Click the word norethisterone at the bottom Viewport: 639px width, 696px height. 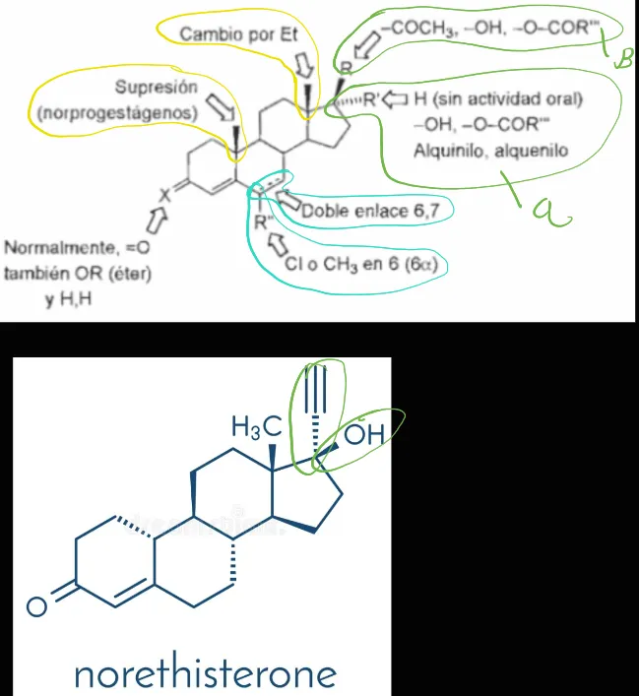click(206, 674)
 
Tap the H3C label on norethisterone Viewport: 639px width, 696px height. click(257, 426)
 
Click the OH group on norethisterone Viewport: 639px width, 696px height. click(363, 434)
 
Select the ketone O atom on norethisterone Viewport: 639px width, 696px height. click(36, 606)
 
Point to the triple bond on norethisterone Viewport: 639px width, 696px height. click(315, 389)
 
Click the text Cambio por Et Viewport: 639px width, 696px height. click(238, 34)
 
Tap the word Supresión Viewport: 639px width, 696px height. click(157, 87)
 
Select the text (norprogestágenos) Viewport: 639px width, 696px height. click(117, 113)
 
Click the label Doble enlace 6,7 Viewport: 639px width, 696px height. click(371, 211)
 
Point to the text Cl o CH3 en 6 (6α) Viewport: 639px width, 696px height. click(361, 264)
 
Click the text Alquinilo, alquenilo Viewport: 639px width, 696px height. click(490, 151)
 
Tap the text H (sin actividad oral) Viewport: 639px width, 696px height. click(498, 99)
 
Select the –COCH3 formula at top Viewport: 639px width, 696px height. click(414, 29)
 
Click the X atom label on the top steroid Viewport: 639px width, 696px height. click(164, 194)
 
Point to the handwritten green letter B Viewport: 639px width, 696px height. click(622, 59)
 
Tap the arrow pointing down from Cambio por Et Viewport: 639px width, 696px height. click(304, 65)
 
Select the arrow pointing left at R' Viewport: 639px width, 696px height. click(395, 99)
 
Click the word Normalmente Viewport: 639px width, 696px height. click(62, 247)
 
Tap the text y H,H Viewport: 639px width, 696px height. click(69, 299)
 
